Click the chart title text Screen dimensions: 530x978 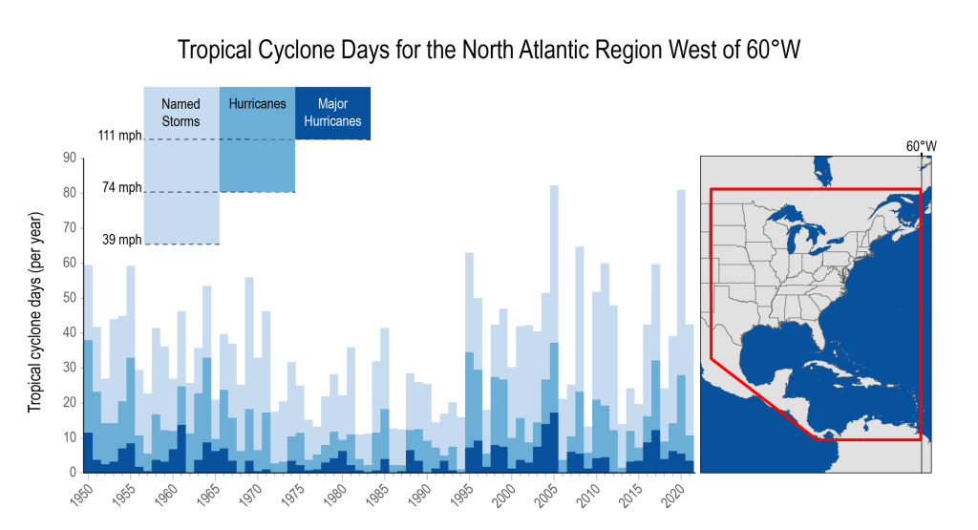pos(488,50)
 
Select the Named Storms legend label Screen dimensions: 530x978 pos(181,113)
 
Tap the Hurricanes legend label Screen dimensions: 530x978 pos(257,103)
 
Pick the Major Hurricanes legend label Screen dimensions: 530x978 pos(332,113)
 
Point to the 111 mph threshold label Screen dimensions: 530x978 pos(119,136)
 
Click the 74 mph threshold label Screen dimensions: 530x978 pos(123,187)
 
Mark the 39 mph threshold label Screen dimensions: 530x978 pos(123,240)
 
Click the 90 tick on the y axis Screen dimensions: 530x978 pos(69,158)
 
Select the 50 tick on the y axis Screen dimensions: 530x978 pos(69,298)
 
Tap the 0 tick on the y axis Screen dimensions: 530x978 pos(73,473)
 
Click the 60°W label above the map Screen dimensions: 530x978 pos(921,146)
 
